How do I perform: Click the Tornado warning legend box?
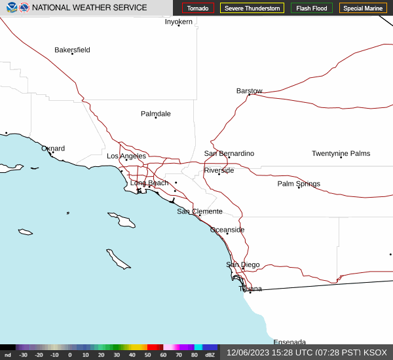[x=198, y=8]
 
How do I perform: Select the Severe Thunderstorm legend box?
[x=252, y=8]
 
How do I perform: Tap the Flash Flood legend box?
[x=312, y=8]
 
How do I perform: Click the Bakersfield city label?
[x=72, y=50]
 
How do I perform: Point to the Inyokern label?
[x=178, y=22]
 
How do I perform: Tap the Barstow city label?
[x=249, y=91]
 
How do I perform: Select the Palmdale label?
[x=155, y=114]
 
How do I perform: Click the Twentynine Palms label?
[x=341, y=154]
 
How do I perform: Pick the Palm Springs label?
[x=299, y=184]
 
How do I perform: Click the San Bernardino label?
[x=229, y=153]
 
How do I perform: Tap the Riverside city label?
[x=219, y=170]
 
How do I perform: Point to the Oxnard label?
[x=53, y=149]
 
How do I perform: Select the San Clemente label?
[x=199, y=211]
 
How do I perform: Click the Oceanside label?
[x=227, y=230]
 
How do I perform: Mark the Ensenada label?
[x=290, y=342]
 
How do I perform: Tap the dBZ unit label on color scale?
[x=210, y=355]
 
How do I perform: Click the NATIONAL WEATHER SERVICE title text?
[x=89, y=8]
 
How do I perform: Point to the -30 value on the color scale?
[x=23, y=355]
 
